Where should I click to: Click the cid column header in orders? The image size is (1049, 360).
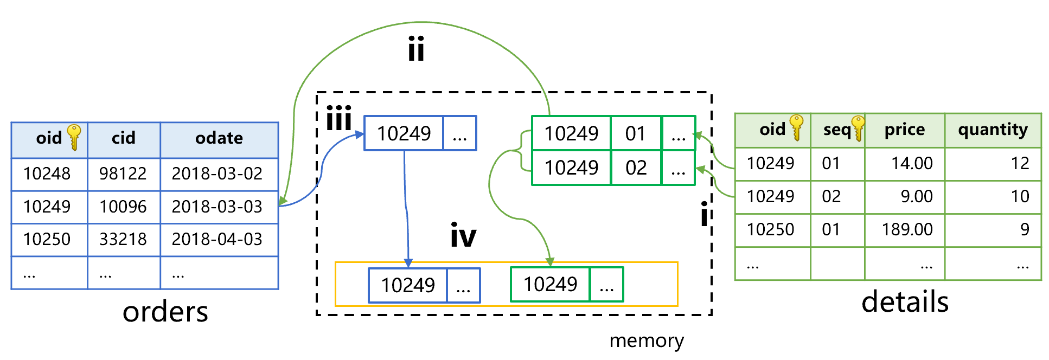[x=124, y=138]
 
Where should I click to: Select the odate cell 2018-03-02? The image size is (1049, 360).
[x=217, y=173]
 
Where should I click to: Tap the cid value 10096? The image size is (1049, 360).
[x=123, y=207]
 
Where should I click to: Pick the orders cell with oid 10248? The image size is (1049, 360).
[x=47, y=173]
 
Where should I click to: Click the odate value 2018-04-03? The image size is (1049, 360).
[x=217, y=239]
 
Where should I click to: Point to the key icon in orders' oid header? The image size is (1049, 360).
[x=74, y=137]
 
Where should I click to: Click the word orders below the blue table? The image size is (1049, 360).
[x=165, y=312]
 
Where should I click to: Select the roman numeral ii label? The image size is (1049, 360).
[x=416, y=50]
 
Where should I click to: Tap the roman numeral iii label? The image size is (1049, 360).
[x=339, y=119]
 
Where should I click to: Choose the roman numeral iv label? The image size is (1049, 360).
[x=463, y=236]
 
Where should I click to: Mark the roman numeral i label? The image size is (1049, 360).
[x=704, y=215]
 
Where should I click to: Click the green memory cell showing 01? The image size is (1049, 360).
[x=635, y=133]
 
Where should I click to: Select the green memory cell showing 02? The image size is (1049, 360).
[x=636, y=168]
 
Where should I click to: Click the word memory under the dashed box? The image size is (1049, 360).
[x=647, y=340]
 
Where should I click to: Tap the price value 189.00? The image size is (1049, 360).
[x=907, y=229]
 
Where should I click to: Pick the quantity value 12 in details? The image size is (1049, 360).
[x=1020, y=163]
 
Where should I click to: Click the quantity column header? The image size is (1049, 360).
[x=993, y=130]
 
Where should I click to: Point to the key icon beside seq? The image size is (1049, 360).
[x=858, y=128]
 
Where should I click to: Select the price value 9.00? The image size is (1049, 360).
[x=917, y=196]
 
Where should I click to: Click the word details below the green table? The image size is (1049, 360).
[x=905, y=302]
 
